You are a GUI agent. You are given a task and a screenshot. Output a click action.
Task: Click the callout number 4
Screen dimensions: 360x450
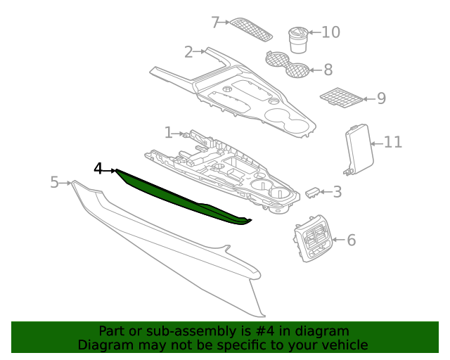click(x=98, y=169)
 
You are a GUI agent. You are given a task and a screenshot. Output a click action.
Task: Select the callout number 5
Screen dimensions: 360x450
click(x=54, y=183)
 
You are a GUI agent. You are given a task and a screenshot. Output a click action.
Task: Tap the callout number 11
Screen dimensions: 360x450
click(x=392, y=143)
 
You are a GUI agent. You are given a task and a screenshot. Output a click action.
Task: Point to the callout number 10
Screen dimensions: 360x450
click(x=330, y=32)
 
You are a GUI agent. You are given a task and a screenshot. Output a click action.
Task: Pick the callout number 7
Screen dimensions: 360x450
click(x=216, y=22)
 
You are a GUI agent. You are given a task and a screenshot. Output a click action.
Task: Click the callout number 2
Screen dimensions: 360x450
click(x=188, y=52)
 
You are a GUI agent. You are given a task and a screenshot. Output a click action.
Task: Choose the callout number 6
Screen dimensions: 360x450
click(x=351, y=240)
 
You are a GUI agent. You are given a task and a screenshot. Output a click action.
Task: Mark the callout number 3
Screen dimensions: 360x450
click(x=337, y=192)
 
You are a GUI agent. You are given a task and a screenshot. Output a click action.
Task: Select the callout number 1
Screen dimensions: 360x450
click(x=168, y=132)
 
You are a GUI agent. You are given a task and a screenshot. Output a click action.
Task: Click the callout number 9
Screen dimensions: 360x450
click(x=381, y=98)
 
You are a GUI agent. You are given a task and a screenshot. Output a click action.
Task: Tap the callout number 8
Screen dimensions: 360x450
click(x=328, y=70)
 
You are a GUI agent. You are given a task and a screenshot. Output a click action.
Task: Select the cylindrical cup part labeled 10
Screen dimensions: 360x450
click(x=297, y=39)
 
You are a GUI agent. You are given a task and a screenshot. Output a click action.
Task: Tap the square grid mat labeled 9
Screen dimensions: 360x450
click(x=340, y=98)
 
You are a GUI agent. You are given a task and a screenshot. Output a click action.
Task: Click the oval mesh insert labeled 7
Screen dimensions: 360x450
click(x=251, y=28)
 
